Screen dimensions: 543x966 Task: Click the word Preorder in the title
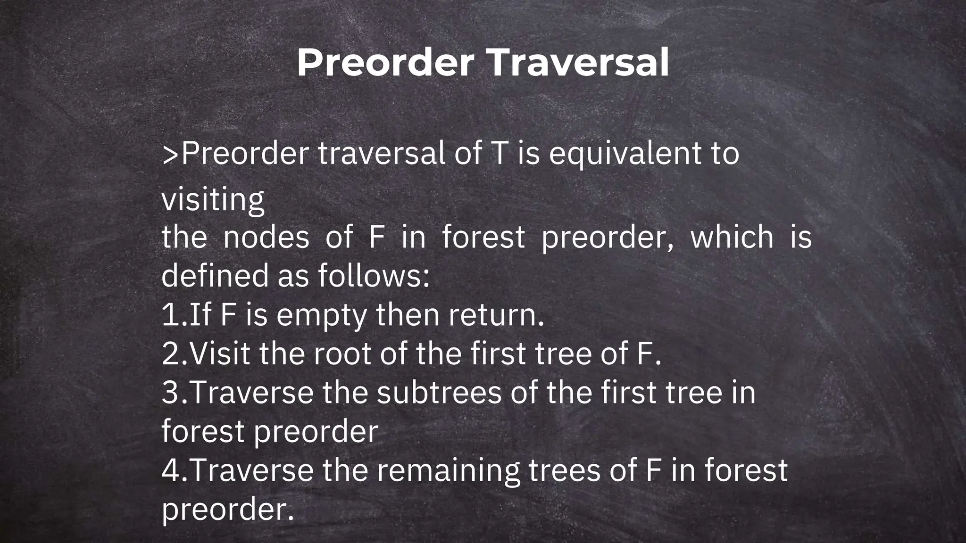point(385,63)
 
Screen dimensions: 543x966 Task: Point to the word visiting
point(213,200)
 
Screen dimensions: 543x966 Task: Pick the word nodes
point(266,237)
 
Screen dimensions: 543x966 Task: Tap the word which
point(732,237)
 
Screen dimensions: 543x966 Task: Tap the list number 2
point(170,354)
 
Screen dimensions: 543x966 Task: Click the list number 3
point(170,393)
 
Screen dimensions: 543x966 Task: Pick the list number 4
point(170,470)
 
